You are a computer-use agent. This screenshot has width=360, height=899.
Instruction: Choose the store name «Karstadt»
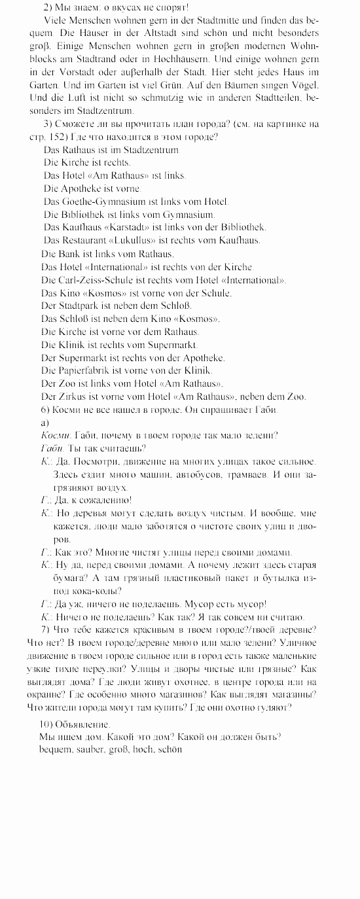coord(123,227)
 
